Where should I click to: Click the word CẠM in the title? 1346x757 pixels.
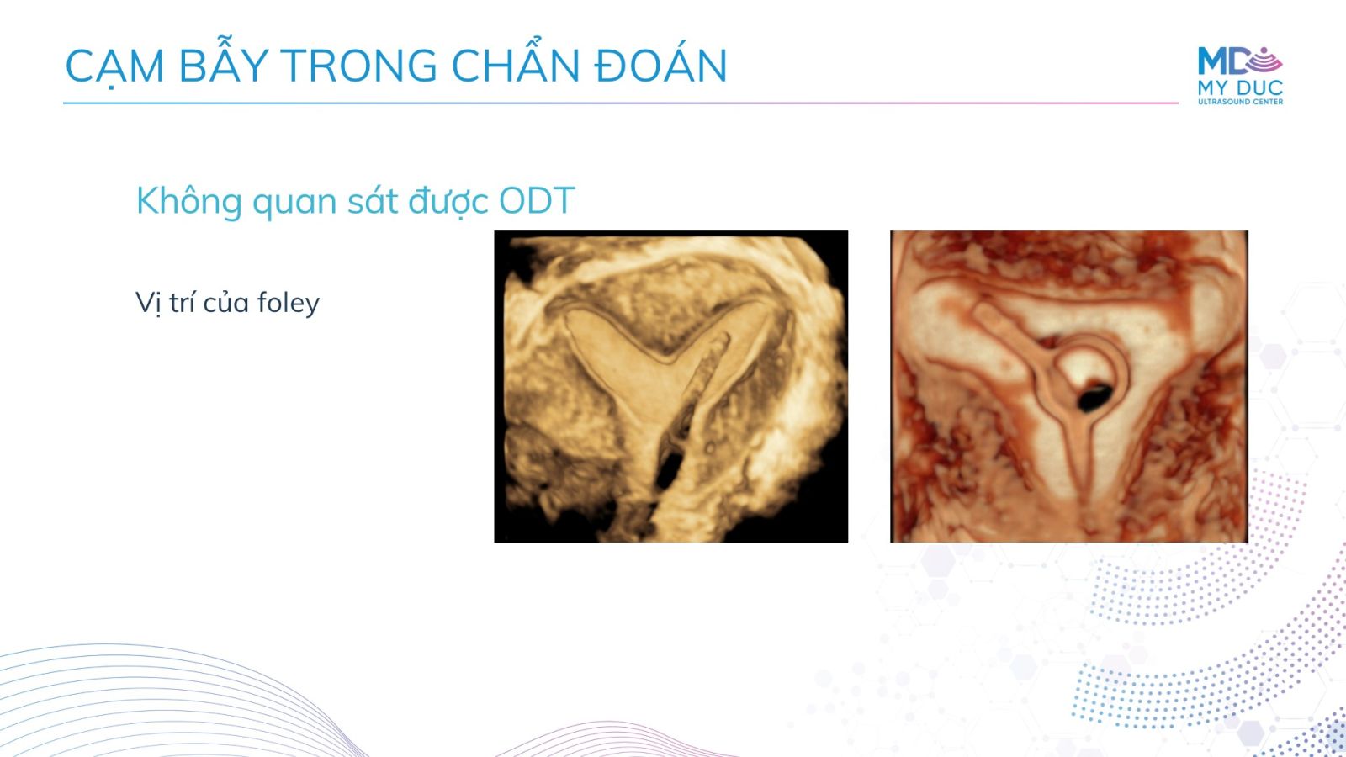pyautogui.click(x=114, y=66)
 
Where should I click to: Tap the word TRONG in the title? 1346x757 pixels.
pyautogui.click(x=358, y=66)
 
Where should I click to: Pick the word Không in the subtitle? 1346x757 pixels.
pyautogui.click(x=188, y=200)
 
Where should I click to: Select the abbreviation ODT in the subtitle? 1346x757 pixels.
pyautogui.click(x=537, y=201)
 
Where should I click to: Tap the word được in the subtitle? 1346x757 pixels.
pyautogui.click(x=447, y=201)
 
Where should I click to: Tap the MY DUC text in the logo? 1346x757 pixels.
pyautogui.click(x=1240, y=87)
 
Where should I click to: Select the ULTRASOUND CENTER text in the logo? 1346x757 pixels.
pyautogui.click(x=1240, y=102)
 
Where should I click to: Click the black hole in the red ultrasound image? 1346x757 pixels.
pyautogui.click(x=1094, y=396)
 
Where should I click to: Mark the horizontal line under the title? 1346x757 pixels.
pyautogui.click(x=621, y=103)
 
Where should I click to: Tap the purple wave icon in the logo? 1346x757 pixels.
pyautogui.click(x=1264, y=61)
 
